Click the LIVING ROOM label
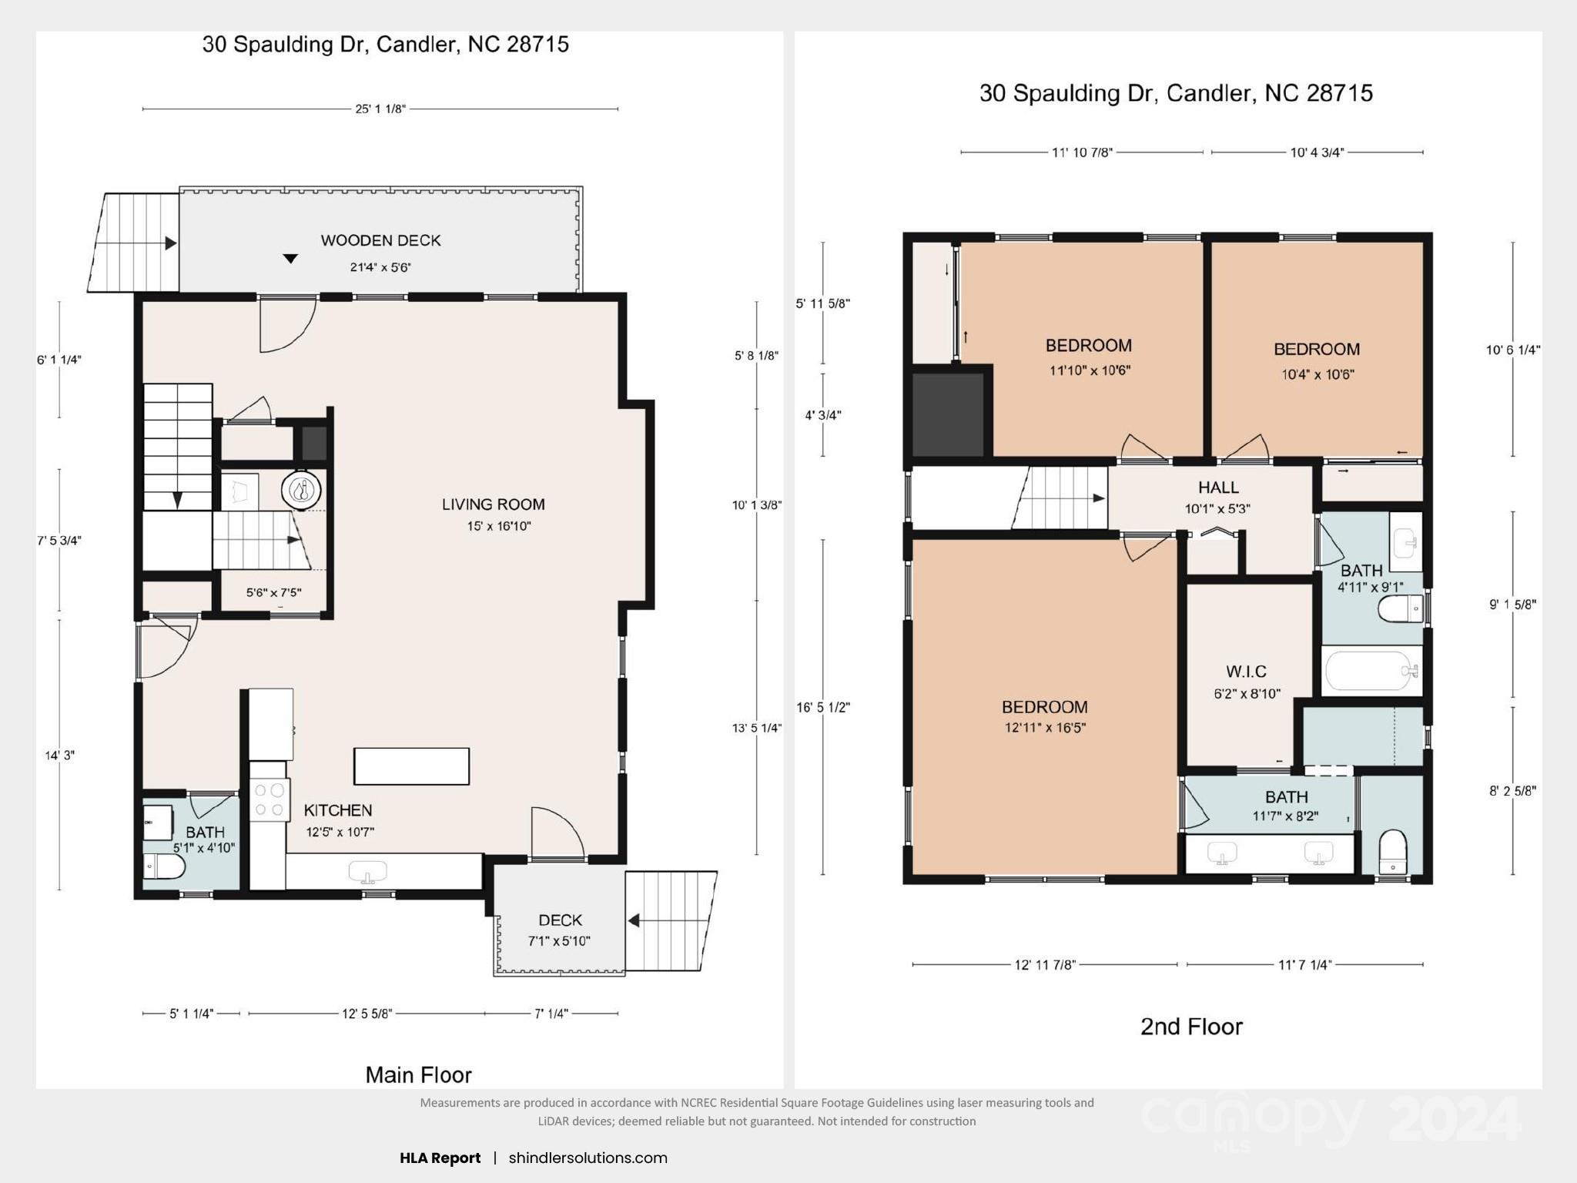coord(494,504)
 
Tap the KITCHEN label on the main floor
coord(338,810)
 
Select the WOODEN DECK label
coord(380,240)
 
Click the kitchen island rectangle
coord(411,766)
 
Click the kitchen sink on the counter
coord(368,871)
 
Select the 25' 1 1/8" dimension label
coord(380,109)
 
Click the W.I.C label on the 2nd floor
coord(1247,672)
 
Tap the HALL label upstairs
coord(1218,488)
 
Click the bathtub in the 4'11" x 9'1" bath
coord(1371,672)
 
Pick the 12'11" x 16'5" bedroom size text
coord(1045,727)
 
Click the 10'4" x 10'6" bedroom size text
coord(1318,374)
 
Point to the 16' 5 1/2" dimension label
coord(823,707)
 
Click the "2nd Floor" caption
coord(1191,1027)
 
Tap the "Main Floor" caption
coord(418,1074)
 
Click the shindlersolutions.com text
coord(588,1158)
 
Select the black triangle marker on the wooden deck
coord(290,259)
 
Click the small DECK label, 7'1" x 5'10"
coord(561,920)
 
